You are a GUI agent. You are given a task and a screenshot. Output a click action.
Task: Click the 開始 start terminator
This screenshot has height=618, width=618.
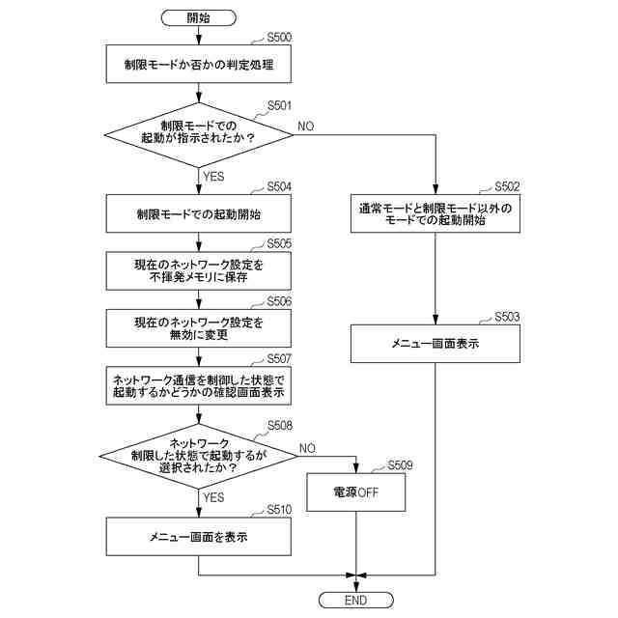(199, 17)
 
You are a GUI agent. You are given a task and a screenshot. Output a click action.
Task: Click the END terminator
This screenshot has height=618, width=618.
(356, 600)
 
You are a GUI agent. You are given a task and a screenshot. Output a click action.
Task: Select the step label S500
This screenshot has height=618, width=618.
(279, 38)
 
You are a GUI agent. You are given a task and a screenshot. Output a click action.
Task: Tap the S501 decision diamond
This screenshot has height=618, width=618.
(199, 135)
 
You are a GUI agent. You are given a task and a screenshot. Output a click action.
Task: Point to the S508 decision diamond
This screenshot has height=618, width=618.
(199, 457)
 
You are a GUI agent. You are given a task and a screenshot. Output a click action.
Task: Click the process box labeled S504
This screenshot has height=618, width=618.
(199, 213)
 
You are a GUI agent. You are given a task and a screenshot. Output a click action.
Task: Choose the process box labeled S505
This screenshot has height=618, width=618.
(199, 270)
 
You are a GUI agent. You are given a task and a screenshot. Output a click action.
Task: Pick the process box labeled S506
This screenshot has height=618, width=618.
(199, 328)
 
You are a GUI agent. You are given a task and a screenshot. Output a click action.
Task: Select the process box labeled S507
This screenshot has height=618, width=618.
(199, 386)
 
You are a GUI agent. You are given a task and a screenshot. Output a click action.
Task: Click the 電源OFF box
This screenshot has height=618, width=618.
(356, 492)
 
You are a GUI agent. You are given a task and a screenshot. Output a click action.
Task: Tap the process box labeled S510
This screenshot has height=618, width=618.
(199, 537)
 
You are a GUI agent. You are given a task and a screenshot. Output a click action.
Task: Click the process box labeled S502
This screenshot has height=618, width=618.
(435, 213)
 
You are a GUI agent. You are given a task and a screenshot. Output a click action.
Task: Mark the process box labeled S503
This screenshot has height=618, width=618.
(435, 344)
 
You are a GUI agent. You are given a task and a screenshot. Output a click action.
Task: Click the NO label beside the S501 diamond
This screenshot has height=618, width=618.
(306, 126)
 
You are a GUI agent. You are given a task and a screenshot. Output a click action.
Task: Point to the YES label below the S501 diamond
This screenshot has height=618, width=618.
(213, 176)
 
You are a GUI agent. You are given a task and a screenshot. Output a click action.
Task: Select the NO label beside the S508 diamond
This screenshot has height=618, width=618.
(307, 448)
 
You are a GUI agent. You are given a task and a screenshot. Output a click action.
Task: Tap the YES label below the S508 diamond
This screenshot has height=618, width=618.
(213, 498)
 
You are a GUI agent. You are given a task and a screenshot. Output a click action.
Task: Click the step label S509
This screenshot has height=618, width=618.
(400, 465)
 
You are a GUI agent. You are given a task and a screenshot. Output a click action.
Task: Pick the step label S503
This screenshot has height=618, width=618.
(507, 317)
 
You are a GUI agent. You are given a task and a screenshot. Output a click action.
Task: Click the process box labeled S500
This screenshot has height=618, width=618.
(199, 64)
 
